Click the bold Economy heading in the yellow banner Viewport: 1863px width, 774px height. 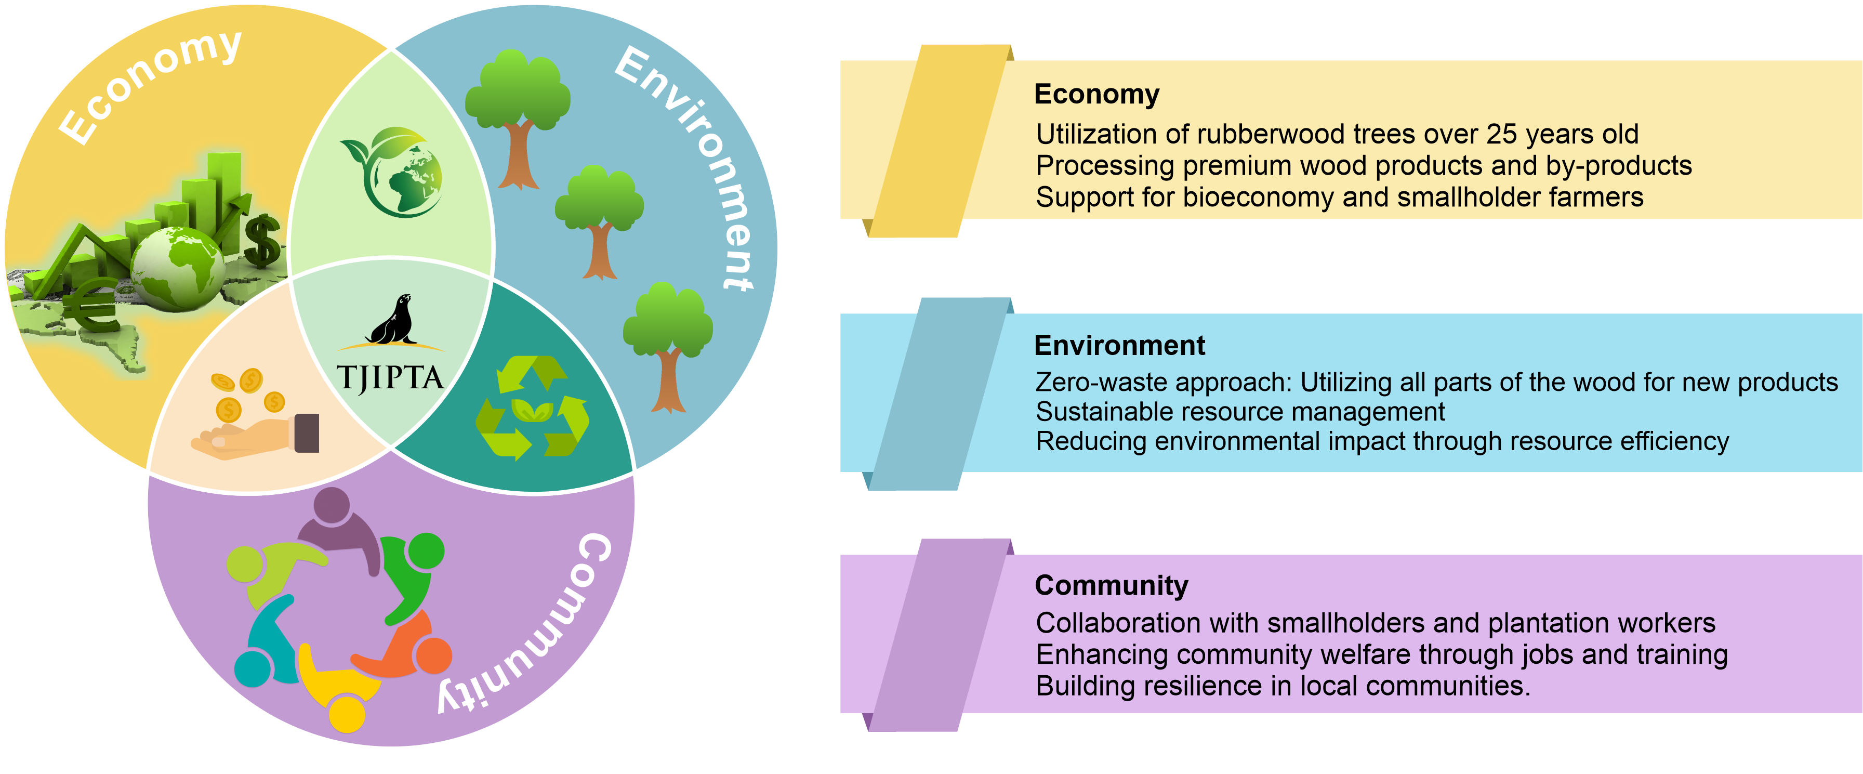(1096, 94)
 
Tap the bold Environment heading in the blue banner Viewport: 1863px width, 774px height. (1119, 346)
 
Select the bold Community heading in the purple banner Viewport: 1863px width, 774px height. (1112, 585)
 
